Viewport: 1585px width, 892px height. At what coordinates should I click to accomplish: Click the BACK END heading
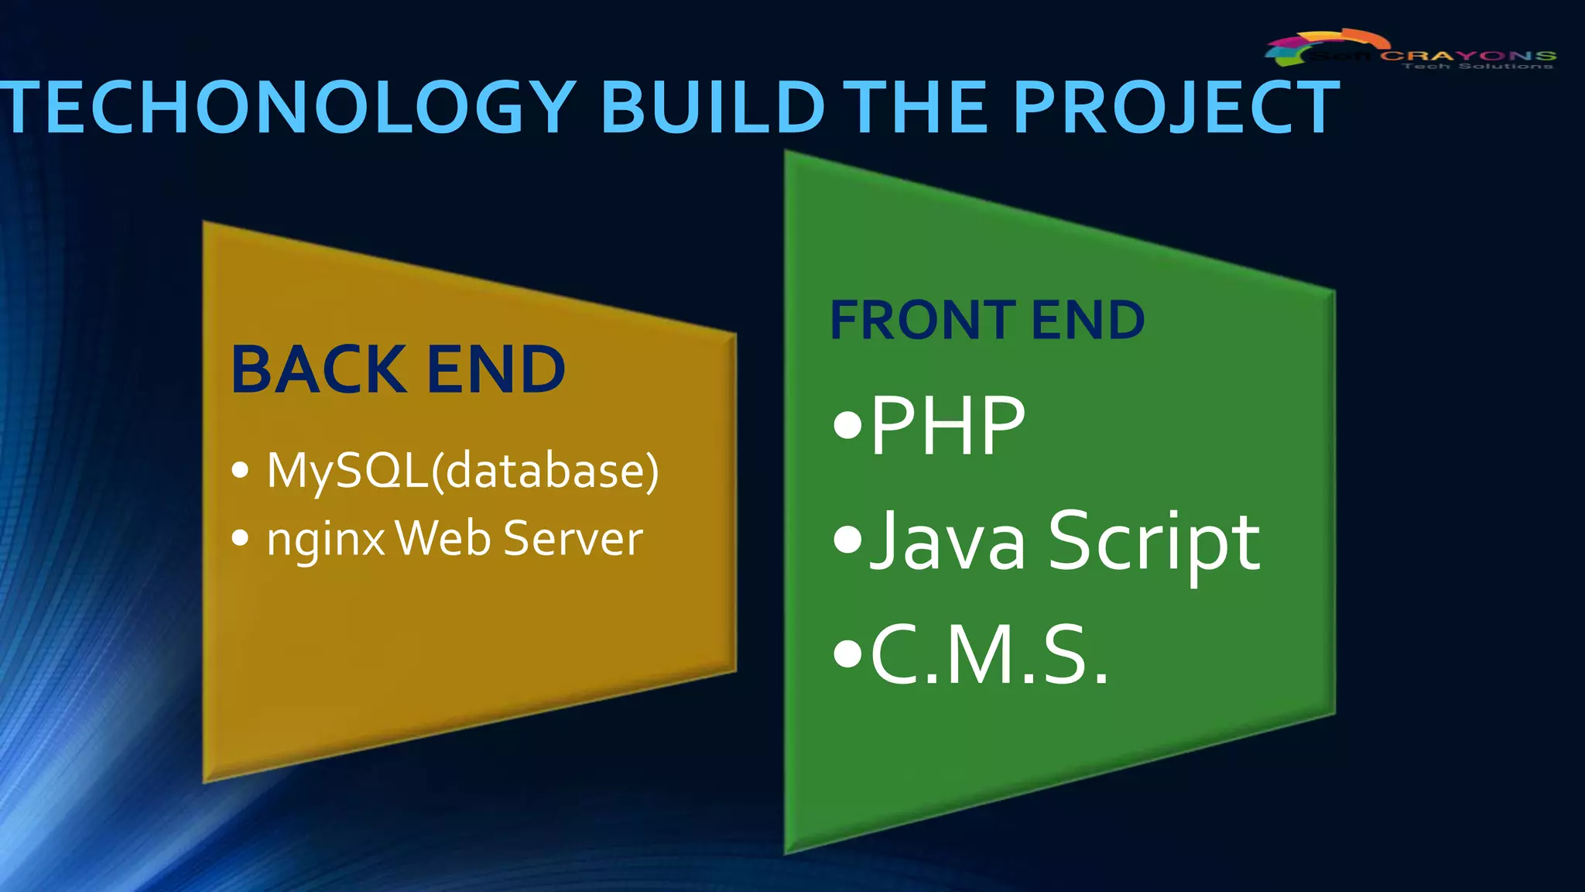(398, 369)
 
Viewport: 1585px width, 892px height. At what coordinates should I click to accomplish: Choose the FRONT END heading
(987, 320)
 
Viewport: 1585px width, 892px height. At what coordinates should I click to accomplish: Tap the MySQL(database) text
(463, 470)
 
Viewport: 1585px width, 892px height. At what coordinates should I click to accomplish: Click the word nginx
(326, 539)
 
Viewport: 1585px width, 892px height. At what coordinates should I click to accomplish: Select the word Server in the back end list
(573, 537)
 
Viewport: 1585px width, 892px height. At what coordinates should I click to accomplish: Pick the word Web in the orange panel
(443, 537)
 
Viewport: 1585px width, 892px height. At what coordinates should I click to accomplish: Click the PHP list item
(947, 425)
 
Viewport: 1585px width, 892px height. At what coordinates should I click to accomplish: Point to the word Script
(1154, 542)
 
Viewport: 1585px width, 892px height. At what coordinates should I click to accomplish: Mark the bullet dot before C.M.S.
(847, 654)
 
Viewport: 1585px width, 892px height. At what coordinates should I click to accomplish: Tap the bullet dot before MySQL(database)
(241, 469)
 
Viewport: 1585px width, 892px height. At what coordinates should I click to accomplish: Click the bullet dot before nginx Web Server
(241, 537)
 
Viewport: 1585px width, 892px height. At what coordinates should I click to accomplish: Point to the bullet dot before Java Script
(847, 540)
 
